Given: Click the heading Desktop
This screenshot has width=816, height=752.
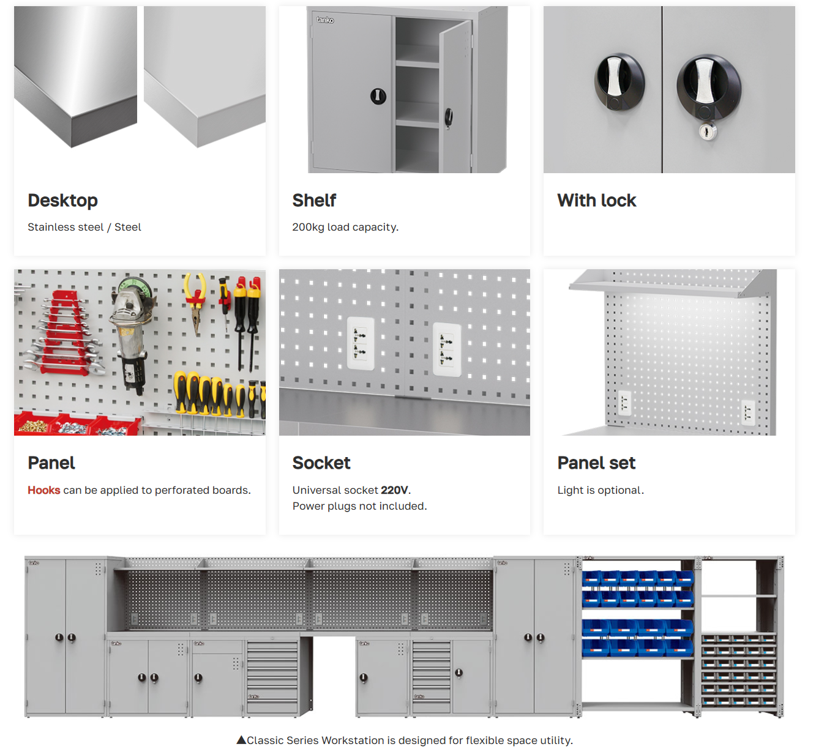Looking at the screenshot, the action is click(63, 201).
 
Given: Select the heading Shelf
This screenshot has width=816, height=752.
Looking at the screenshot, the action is click(314, 201).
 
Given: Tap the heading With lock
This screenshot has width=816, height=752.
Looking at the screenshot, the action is click(597, 201).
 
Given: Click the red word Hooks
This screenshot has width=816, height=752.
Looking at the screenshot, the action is click(44, 490).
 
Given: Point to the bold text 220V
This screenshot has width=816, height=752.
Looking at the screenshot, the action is click(394, 490).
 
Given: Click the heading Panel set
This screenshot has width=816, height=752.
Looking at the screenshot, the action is click(596, 463).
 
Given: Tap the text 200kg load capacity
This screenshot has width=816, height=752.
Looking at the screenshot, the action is click(345, 227).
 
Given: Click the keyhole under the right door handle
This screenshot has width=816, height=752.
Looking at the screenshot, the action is click(708, 132).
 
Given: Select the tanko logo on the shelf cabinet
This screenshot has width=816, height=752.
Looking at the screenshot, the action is click(326, 20).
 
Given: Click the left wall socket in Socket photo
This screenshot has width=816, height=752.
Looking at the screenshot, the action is click(361, 343).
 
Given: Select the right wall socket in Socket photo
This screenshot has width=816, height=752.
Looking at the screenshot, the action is click(447, 349).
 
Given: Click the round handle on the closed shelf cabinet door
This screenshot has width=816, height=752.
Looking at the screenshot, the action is click(378, 96).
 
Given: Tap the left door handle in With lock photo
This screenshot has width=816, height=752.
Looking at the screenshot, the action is click(619, 82).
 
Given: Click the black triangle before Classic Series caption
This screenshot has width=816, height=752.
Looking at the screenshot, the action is click(241, 740).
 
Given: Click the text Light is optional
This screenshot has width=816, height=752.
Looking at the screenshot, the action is click(601, 490).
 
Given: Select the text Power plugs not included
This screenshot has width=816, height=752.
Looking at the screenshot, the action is click(360, 506).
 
